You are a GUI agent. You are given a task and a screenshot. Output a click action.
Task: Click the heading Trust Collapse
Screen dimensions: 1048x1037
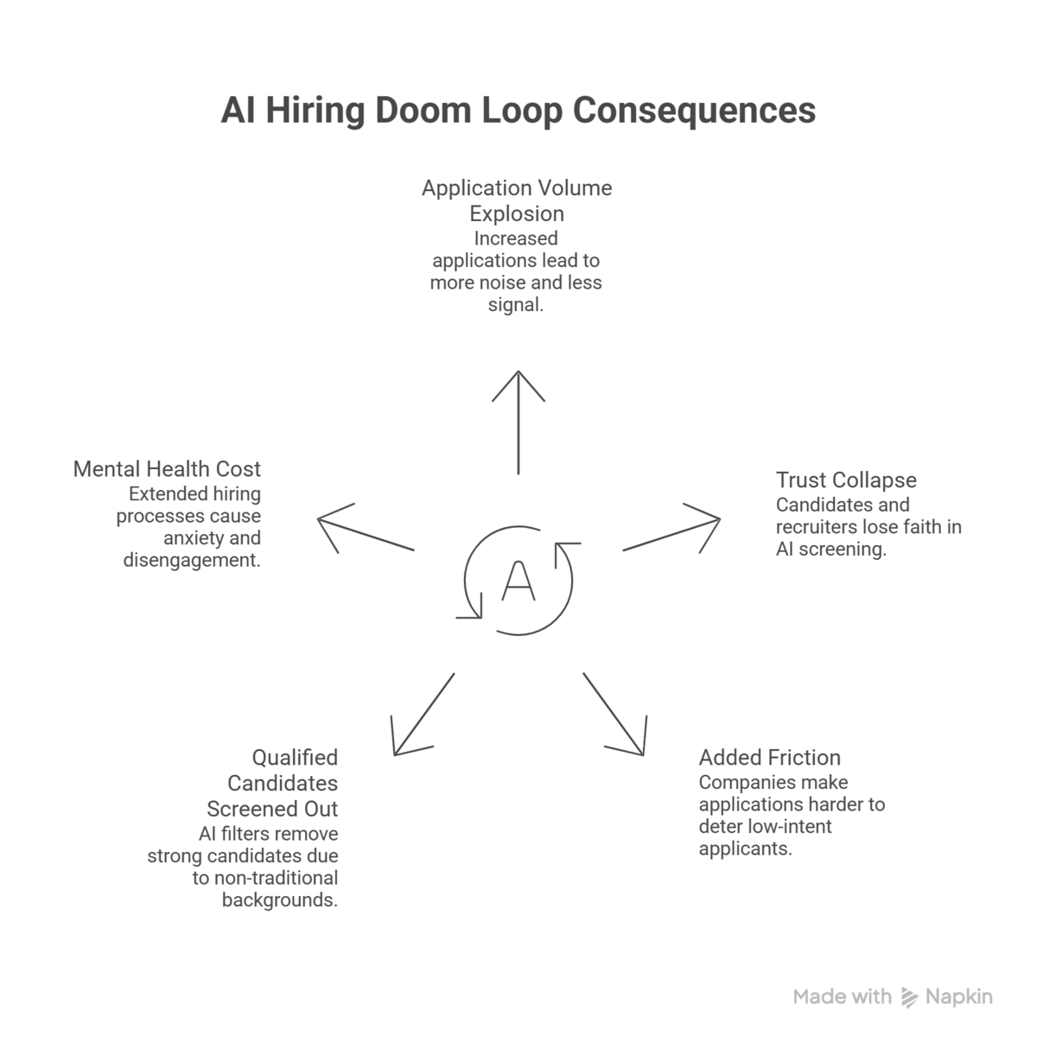pos(846,480)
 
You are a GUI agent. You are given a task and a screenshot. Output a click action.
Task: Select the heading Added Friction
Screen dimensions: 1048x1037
pos(769,758)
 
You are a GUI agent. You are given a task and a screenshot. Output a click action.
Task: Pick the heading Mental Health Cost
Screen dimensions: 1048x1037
pos(167,469)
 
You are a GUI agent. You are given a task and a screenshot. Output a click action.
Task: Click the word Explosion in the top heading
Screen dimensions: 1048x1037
pos(517,213)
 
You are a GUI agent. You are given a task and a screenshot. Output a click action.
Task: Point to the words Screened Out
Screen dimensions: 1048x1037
pos(272,810)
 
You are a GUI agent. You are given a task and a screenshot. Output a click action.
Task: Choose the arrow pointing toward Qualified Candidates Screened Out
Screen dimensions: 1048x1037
pos(423,714)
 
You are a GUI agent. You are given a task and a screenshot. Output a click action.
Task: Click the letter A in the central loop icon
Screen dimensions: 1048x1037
pos(518,581)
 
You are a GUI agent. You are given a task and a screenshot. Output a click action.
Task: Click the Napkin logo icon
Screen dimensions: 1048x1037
pos(908,998)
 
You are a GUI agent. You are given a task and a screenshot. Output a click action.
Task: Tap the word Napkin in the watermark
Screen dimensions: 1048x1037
pos(959,997)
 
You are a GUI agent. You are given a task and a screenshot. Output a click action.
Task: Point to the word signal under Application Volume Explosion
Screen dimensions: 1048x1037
pos(515,305)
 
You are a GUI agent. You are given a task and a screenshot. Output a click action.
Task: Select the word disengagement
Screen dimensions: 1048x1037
pos(192,560)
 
